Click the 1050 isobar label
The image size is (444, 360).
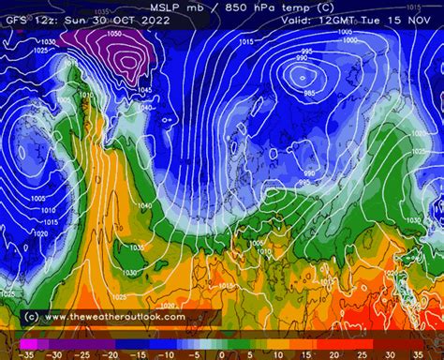tap(114, 33)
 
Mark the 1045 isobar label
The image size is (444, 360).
tap(142, 90)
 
